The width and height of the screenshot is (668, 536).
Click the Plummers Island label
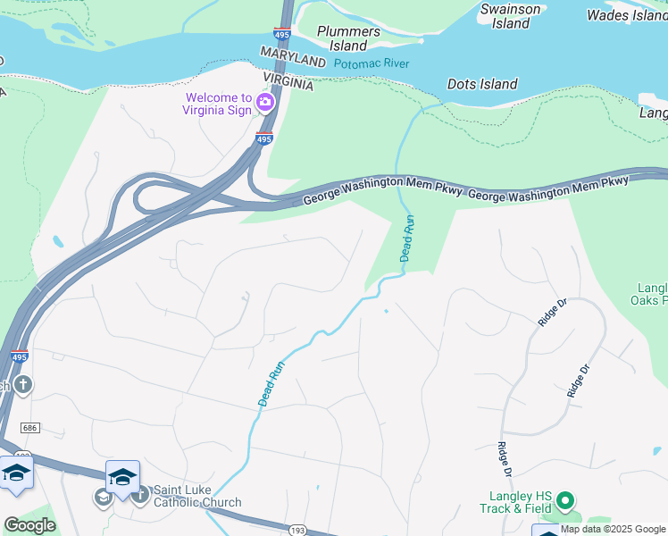pyautogui.click(x=348, y=38)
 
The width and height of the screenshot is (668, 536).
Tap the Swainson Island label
pyautogui.click(x=511, y=16)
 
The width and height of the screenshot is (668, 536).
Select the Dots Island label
pyautogui.click(x=482, y=84)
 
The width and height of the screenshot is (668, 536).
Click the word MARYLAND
pyautogui.click(x=293, y=58)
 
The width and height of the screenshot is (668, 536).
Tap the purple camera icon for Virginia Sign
pyautogui.click(x=264, y=103)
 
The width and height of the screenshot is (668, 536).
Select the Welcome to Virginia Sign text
pyautogui.click(x=219, y=105)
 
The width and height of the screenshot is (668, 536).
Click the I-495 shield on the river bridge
pyautogui.click(x=282, y=34)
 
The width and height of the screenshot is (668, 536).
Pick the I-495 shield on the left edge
pyautogui.click(x=19, y=356)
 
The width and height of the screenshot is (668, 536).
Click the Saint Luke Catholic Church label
pyautogui.click(x=196, y=496)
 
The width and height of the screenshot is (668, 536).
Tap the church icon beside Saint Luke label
pyautogui.click(x=139, y=496)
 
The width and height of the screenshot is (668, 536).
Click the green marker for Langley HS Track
pyautogui.click(x=566, y=502)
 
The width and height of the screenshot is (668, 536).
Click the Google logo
pyautogui.click(x=29, y=524)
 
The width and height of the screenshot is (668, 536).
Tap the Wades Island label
pyautogui.click(x=626, y=15)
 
